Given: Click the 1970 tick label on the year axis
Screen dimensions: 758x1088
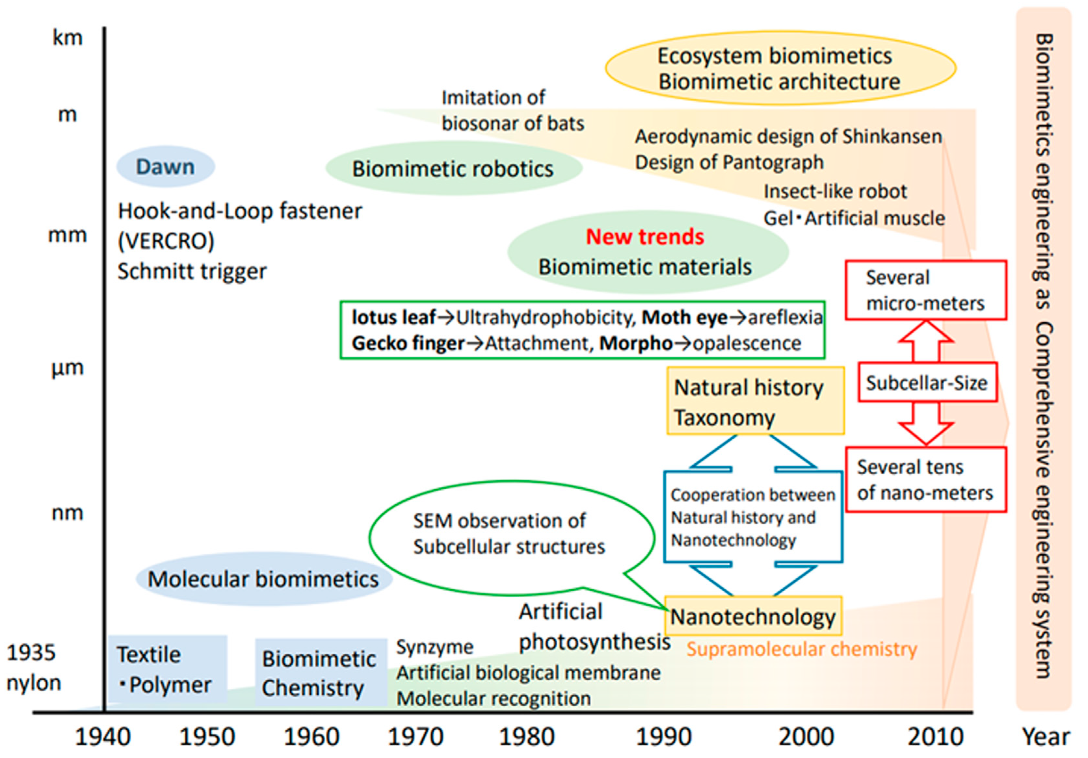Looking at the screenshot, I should tap(415, 737).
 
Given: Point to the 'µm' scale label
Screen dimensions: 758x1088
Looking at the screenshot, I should tap(67, 368).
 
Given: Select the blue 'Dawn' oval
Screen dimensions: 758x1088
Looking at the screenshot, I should tap(165, 167).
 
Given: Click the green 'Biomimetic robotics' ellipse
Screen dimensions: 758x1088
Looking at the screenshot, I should tap(453, 169).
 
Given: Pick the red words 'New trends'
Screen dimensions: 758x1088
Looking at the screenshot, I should tap(645, 237).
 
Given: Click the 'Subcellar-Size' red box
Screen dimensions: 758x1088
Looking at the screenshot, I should tap(927, 383).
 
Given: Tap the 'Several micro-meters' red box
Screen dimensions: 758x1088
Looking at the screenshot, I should tap(925, 290).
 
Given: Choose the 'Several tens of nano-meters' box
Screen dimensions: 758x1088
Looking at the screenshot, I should tap(925, 480).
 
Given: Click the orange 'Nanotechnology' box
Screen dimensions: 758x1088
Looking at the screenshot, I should tap(753, 616).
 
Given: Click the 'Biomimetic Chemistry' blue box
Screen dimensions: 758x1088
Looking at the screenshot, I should tap(320, 673).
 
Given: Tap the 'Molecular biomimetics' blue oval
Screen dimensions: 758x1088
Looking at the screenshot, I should tap(264, 579).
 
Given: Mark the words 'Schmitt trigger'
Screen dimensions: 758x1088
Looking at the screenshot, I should tap(192, 272).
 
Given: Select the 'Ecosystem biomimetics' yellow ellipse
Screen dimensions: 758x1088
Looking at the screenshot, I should tap(780, 69).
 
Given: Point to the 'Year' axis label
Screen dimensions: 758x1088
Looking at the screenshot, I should tap(1045, 737).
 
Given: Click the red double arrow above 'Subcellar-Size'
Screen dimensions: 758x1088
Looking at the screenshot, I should tap(925, 341).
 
